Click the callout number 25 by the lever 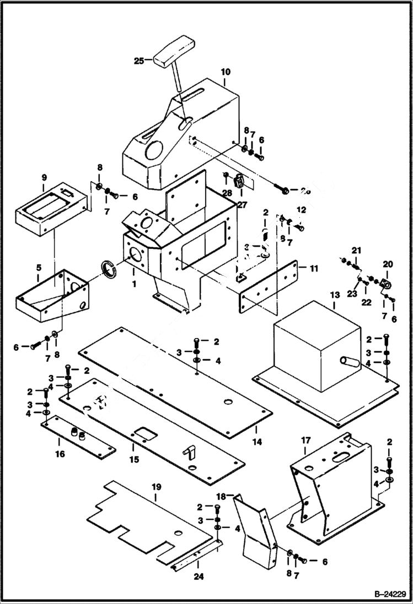[x=138, y=61]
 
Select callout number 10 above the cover [x=226, y=72]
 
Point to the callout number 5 [x=38, y=268]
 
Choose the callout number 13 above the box [x=335, y=296]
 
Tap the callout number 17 [x=307, y=440]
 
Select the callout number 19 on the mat [x=156, y=487]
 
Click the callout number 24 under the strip [x=197, y=562]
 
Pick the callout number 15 [x=133, y=459]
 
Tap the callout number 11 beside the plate [x=313, y=269]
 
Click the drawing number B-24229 [x=389, y=594]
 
